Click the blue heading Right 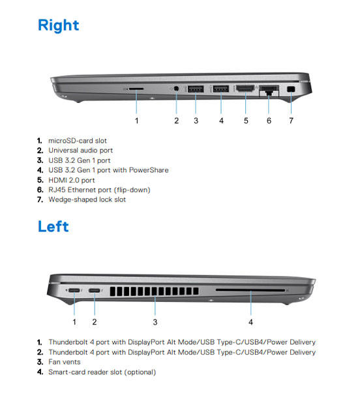pyautogui.click(x=58, y=26)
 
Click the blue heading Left pyautogui.click(x=53, y=226)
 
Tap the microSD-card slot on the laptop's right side pyautogui.click(x=136, y=89)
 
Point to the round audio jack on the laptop pyautogui.click(x=176, y=89)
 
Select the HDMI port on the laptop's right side pyautogui.click(x=245, y=89)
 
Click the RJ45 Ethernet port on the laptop pyautogui.click(x=269, y=91)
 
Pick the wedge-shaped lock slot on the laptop pyautogui.click(x=291, y=89)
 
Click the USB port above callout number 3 pyautogui.click(x=196, y=89)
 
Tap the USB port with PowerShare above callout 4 pyautogui.click(x=221, y=89)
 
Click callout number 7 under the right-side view pyautogui.click(x=291, y=121)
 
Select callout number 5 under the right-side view pyautogui.click(x=246, y=121)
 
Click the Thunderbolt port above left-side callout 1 pyautogui.click(x=74, y=290)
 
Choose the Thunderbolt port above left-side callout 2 pyautogui.click(x=95, y=290)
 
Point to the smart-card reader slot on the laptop pyautogui.click(x=250, y=290)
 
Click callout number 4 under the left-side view pyautogui.click(x=250, y=322)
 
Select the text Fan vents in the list pyautogui.click(x=65, y=362)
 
